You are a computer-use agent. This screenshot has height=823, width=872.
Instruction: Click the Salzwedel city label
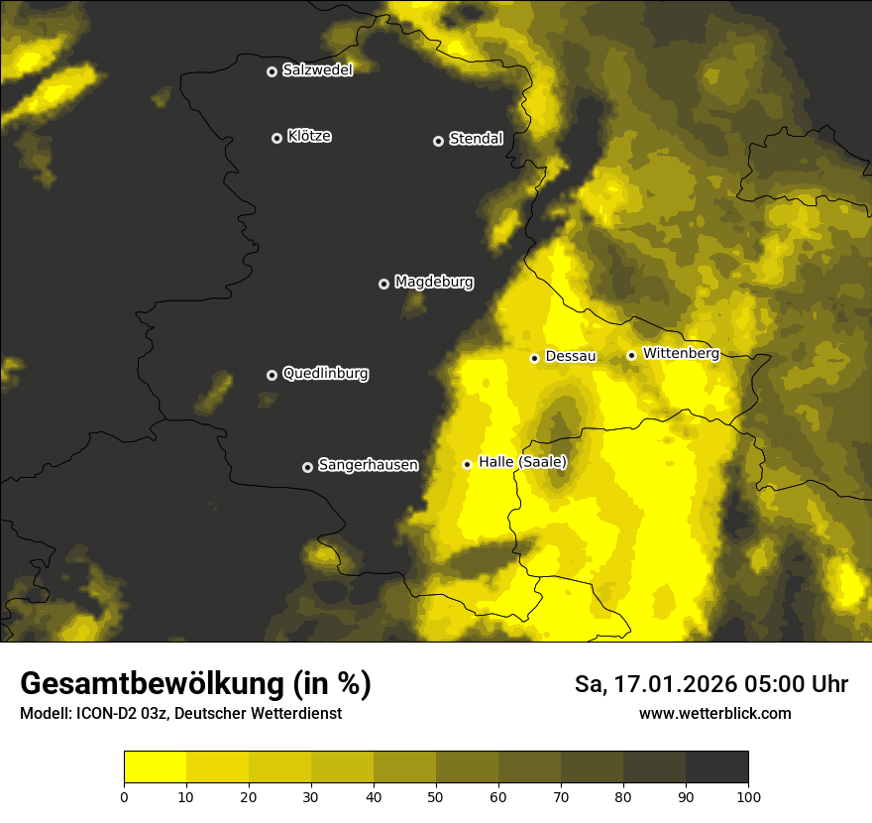pos(317,70)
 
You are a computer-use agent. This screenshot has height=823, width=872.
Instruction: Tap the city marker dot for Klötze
pos(276,138)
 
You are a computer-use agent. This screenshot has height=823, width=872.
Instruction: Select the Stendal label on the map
pos(476,139)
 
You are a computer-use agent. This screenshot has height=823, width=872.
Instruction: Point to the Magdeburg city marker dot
pos(384,284)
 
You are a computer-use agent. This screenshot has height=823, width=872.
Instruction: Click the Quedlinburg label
pos(325,374)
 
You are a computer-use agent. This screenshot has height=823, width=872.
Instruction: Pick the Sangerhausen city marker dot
pos(307,467)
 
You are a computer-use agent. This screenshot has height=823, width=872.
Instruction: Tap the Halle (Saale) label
pos(522,462)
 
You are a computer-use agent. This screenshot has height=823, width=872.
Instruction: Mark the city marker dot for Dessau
pos(534,358)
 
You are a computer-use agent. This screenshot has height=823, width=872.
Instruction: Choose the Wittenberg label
pos(681,353)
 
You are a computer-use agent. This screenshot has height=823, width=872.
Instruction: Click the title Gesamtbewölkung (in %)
pos(195,684)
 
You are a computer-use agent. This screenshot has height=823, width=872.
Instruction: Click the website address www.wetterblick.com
pos(715,713)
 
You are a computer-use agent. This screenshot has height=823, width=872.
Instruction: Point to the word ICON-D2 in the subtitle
pos(106,714)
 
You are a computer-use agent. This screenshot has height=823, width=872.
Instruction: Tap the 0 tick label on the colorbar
pos(124,795)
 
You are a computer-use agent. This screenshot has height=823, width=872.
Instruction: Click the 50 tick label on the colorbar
pos(436,795)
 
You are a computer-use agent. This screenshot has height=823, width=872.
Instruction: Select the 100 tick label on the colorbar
pos(748,795)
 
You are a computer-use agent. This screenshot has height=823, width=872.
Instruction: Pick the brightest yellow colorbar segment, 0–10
pos(155,766)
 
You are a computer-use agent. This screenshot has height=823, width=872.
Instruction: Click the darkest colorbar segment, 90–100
pos(716,766)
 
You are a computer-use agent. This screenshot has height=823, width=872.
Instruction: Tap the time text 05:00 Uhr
pos(800,684)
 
